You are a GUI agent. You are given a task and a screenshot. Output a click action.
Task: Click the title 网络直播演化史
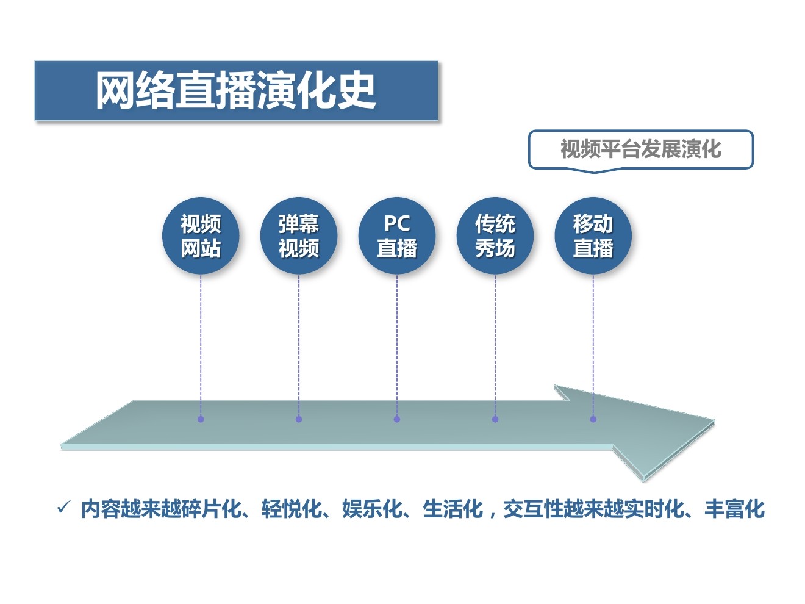(x=236, y=91)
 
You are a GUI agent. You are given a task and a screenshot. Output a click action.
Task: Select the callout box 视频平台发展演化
(x=640, y=149)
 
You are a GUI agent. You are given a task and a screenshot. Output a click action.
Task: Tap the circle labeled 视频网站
(x=201, y=235)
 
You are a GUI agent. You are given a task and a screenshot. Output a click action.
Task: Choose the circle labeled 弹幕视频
(x=299, y=235)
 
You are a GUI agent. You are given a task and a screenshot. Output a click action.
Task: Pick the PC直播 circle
(x=397, y=235)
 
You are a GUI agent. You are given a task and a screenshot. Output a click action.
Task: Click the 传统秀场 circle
(x=495, y=235)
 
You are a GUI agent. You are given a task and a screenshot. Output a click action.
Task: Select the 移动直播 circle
(x=593, y=235)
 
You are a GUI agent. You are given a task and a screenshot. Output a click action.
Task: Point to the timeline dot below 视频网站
(x=201, y=419)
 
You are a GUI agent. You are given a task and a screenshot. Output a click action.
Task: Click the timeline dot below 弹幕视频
(x=299, y=419)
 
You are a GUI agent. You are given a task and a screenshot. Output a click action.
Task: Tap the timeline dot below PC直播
(x=397, y=419)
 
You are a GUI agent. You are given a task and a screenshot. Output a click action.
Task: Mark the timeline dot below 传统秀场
(x=495, y=419)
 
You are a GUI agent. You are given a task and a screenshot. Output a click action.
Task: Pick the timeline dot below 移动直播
(x=593, y=419)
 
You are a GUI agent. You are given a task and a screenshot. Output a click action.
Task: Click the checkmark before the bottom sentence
(x=63, y=508)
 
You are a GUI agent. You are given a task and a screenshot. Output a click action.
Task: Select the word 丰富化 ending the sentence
(x=734, y=509)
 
